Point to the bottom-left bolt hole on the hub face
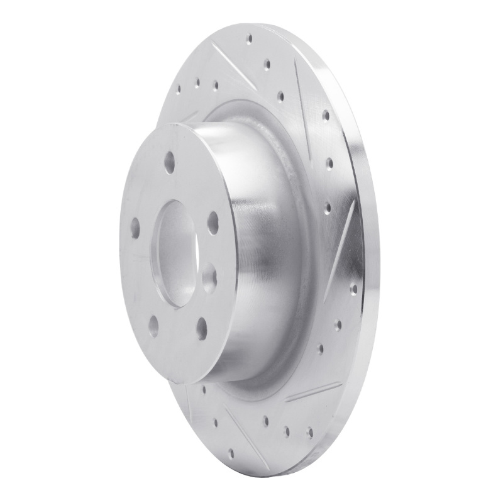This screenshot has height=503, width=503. [x=153, y=326]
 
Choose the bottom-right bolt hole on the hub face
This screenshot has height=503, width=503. [x=201, y=326]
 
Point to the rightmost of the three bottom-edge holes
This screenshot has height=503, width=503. [x=309, y=432]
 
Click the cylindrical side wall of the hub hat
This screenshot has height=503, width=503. [x=264, y=251]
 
